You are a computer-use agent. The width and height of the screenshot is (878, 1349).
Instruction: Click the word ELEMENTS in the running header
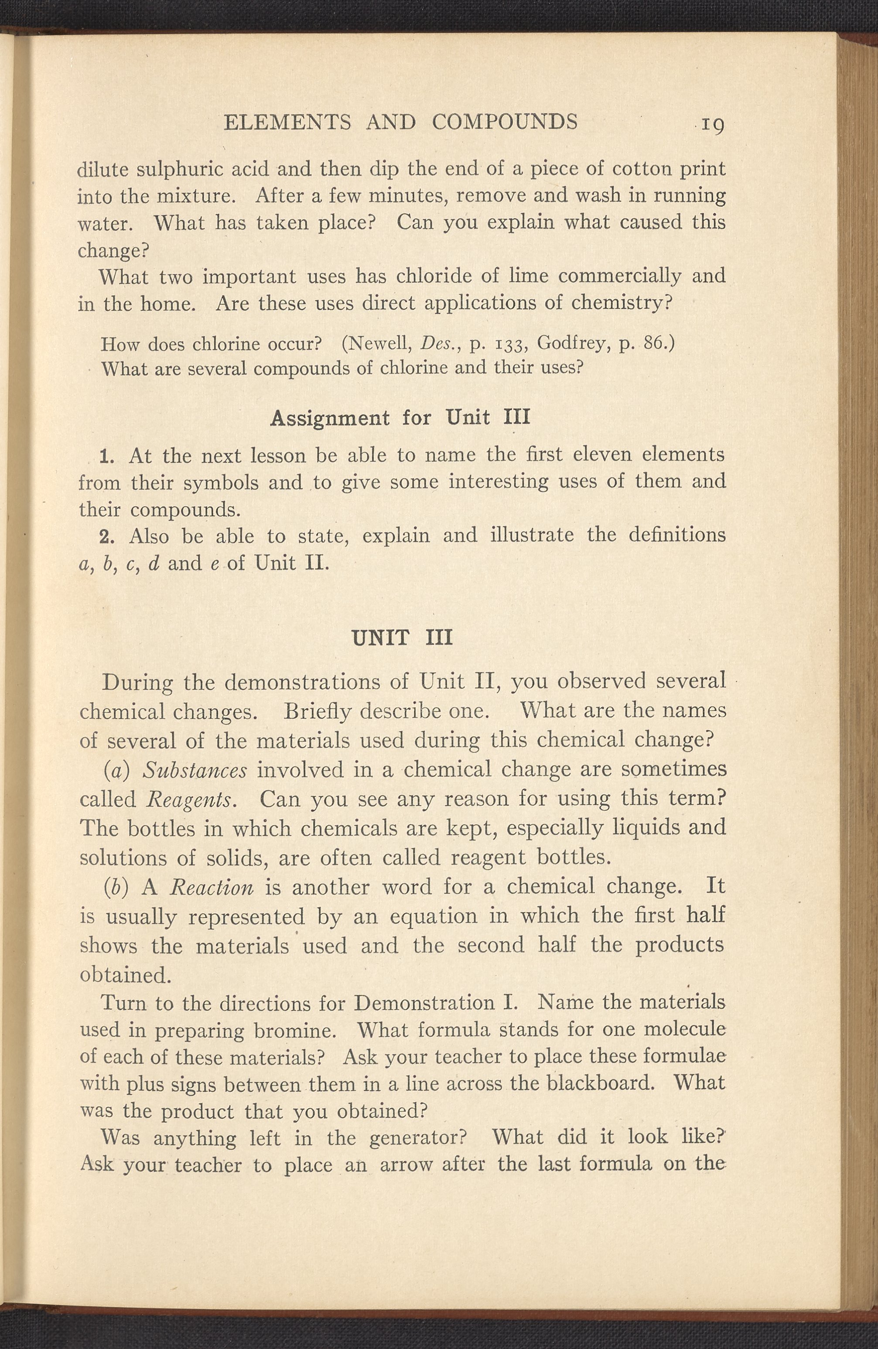pos(287,122)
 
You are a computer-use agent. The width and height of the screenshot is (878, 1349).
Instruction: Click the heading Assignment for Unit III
pos(400,418)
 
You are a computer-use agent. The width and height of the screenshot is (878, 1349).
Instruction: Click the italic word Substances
pos(195,770)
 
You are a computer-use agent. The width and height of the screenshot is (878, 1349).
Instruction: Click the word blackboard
pos(602,1083)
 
